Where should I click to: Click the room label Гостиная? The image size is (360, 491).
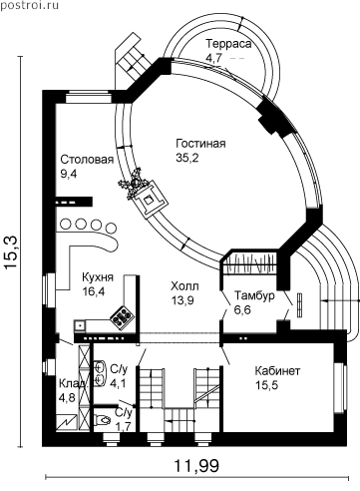tap(200, 144)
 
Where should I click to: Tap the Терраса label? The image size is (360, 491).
tap(228, 44)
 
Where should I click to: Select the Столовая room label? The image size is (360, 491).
tap(87, 160)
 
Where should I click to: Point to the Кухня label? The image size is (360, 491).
tap(98, 277)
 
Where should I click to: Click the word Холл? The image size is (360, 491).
tap(184, 286)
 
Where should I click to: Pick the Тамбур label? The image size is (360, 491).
tap(254, 295)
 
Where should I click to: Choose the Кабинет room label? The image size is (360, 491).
tap(277, 370)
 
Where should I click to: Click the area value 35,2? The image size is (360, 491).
tap(187, 158)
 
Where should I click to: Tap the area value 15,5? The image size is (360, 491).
tap(266, 385)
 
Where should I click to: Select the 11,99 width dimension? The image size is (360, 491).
tap(196, 466)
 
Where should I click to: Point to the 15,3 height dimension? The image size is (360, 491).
tap(12, 252)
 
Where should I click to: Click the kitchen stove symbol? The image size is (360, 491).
tap(122, 317)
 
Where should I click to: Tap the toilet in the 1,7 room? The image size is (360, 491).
tap(103, 420)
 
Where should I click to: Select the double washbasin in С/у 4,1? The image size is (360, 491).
tap(100, 373)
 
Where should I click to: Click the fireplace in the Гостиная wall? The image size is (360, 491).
tap(150, 200)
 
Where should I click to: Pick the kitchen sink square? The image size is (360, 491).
tap(80, 326)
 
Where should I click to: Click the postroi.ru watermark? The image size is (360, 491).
tap(29, 5)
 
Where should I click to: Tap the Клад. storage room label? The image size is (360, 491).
tap(74, 383)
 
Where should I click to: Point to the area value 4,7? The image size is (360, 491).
tap(213, 58)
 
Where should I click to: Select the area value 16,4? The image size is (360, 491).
tap(94, 291)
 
